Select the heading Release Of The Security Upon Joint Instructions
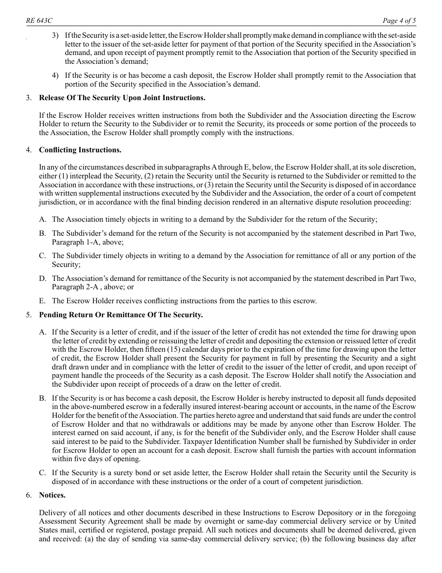(122, 98)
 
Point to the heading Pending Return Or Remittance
(121, 315)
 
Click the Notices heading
(52, 495)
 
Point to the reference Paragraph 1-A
(70, 242)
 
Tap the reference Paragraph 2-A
(71, 287)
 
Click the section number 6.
(29, 495)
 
